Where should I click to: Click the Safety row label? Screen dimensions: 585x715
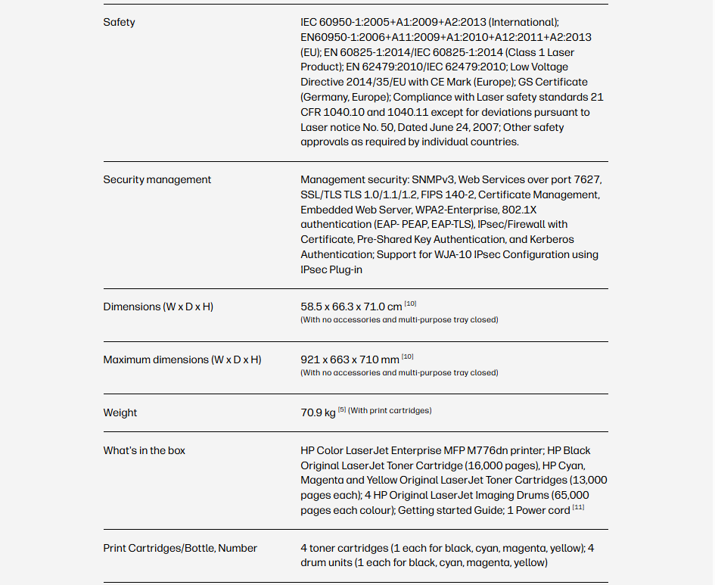pyautogui.click(x=119, y=22)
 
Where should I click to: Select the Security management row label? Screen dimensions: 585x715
pyautogui.click(x=157, y=179)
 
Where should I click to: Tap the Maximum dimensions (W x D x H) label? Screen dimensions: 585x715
pyautogui.click(x=182, y=359)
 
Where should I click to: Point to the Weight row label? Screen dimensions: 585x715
pyautogui.click(x=120, y=412)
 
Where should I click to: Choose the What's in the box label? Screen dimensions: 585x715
pyautogui.click(x=144, y=450)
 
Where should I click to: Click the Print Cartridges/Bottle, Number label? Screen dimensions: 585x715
pyautogui.click(x=180, y=548)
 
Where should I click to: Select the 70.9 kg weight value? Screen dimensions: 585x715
pyautogui.click(x=318, y=412)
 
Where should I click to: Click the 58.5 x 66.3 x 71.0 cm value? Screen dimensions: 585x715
pyautogui.click(x=351, y=307)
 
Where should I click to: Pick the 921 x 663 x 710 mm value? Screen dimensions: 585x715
pyautogui.click(x=350, y=359)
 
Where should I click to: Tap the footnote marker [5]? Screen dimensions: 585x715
pyautogui.click(x=342, y=410)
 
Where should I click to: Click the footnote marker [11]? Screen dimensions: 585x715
pyautogui.click(x=578, y=507)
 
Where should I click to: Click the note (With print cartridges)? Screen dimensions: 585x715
pyautogui.click(x=390, y=411)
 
